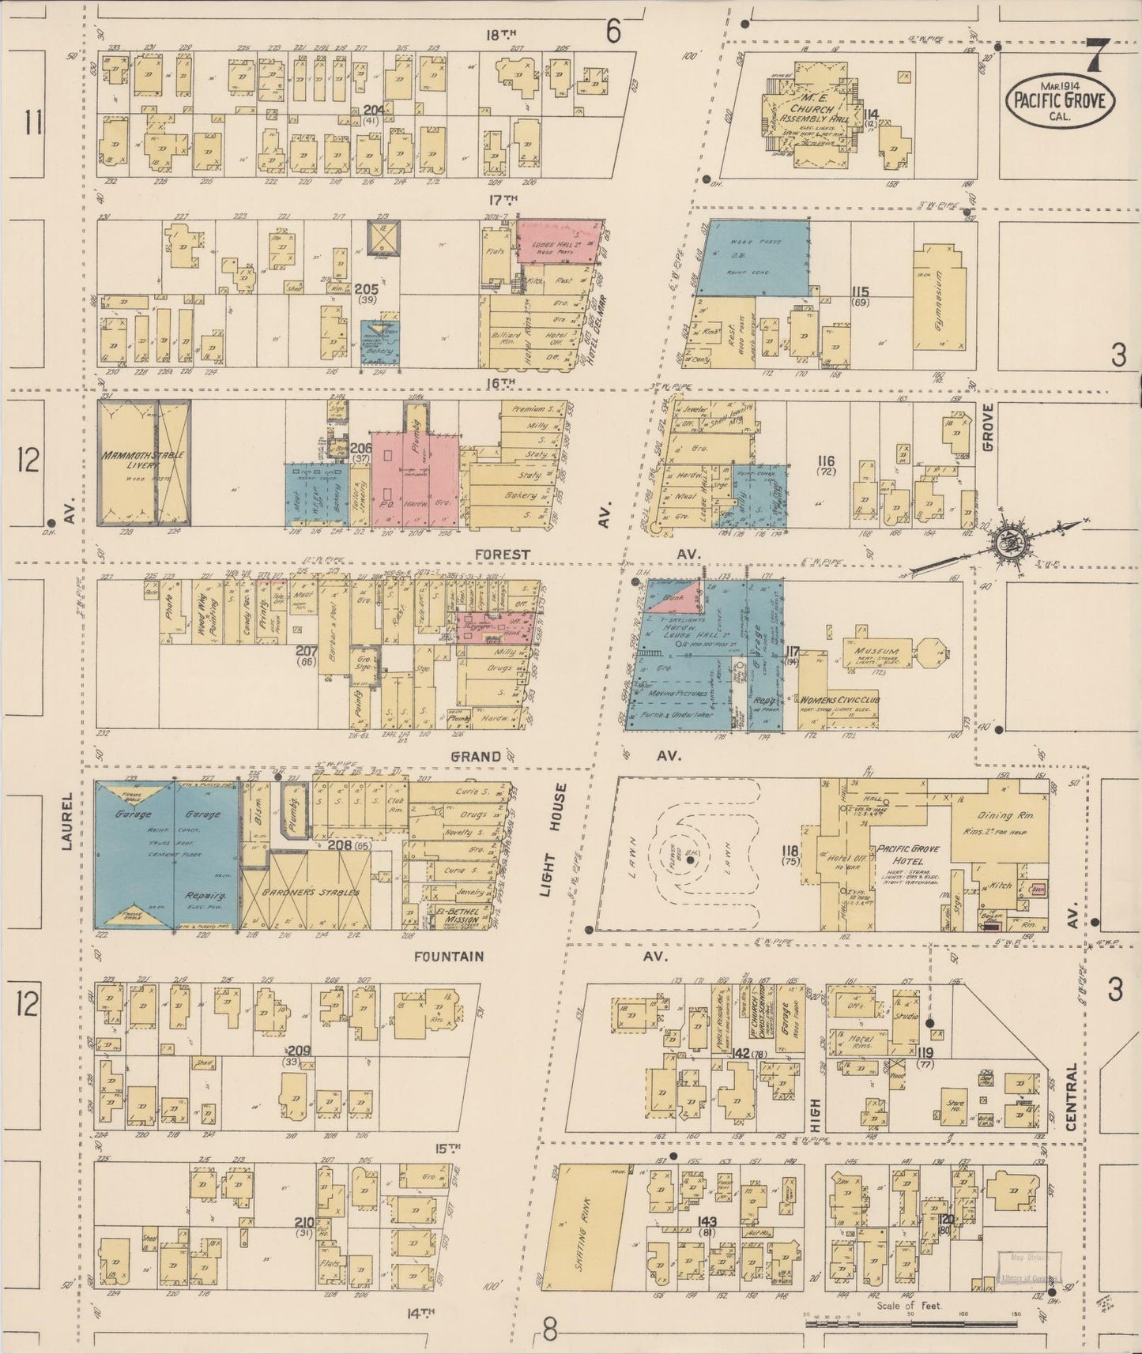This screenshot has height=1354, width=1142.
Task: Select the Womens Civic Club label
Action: pyautogui.click(x=841, y=700)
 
